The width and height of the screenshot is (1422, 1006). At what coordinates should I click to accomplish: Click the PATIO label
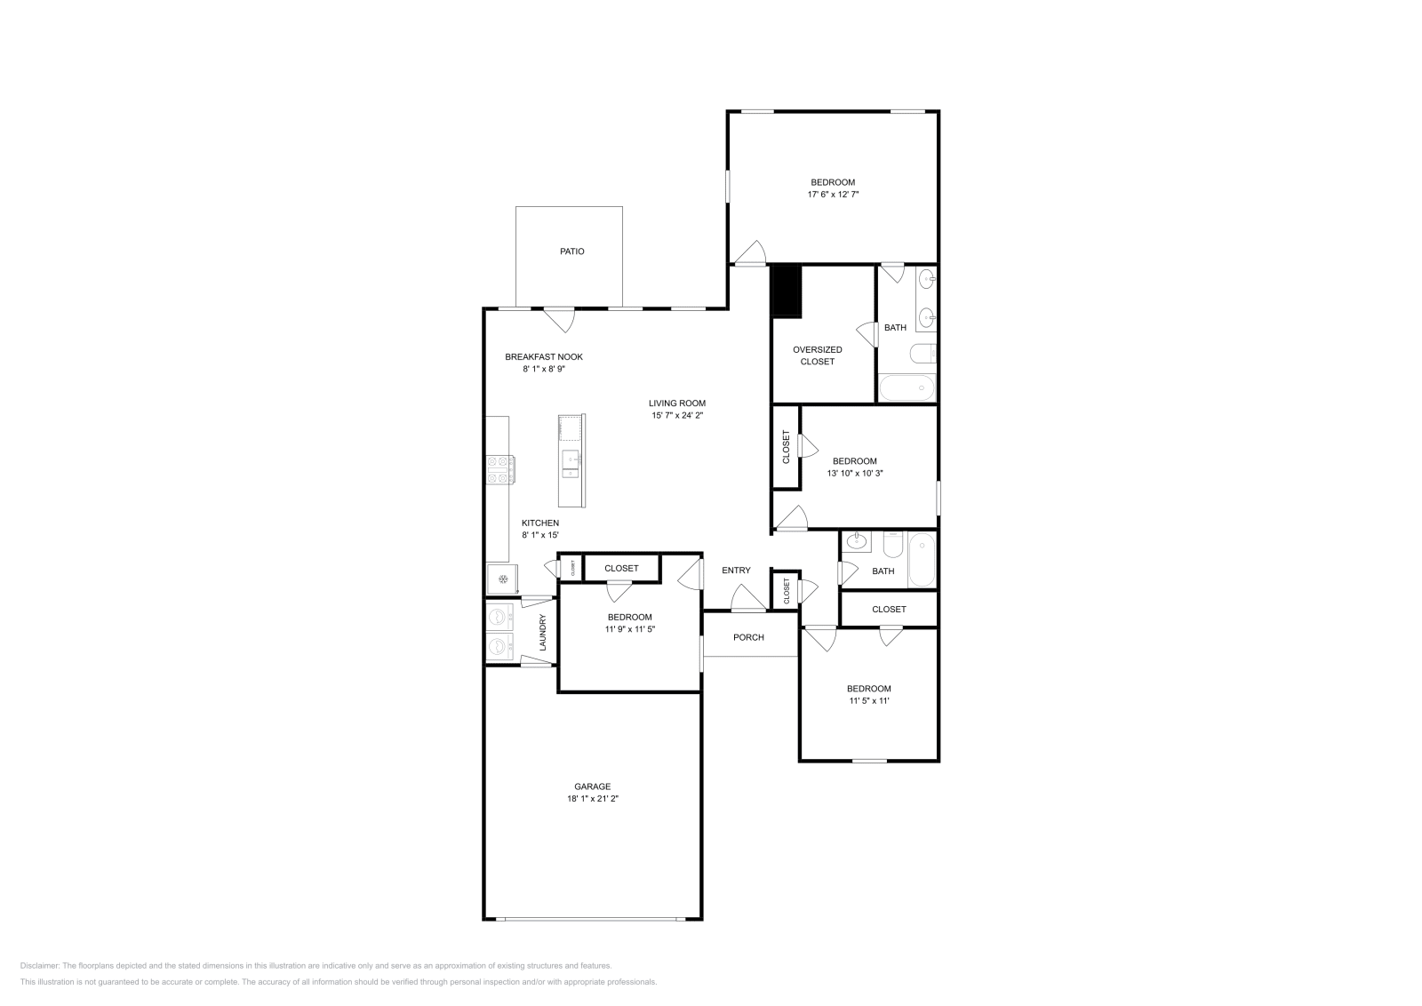pos(571,251)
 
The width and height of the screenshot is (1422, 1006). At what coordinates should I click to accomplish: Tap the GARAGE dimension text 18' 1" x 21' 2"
pos(592,799)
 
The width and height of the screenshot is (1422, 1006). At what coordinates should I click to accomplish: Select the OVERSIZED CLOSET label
pos(817,355)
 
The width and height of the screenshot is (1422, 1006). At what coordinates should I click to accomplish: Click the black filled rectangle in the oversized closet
pos(787,291)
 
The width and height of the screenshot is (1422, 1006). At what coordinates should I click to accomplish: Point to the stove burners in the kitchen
pos(499,469)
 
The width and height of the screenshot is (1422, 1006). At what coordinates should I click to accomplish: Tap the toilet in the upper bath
pos(923,354)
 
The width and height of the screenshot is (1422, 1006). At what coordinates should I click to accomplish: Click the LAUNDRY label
pos(542,632)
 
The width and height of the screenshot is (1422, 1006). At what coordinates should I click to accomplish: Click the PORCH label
pos(748,637)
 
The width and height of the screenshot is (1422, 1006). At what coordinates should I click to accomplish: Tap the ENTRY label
pos(736,571)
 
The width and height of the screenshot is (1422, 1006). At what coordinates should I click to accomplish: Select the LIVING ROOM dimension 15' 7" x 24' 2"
pos(676,415)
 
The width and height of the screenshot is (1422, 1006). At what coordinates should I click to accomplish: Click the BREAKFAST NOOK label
pos(544,356)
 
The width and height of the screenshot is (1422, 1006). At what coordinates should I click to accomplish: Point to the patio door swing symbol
pos(559,317)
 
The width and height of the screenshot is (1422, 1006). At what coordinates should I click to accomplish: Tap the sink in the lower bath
pos(859,540)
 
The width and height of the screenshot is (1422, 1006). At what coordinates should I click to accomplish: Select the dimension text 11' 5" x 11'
pos(868,701)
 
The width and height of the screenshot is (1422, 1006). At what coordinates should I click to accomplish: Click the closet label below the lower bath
pos(889,609)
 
